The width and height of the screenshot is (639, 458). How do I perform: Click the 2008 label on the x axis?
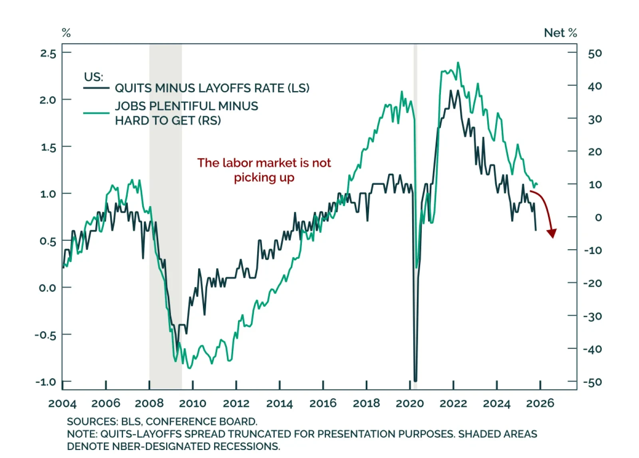149,403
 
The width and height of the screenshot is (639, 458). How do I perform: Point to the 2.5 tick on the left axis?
48,53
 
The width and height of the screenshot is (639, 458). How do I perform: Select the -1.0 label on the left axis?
46,382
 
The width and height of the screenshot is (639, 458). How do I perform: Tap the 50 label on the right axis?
595,53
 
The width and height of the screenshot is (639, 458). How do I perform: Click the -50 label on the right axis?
593,382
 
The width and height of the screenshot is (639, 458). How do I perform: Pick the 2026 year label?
540,403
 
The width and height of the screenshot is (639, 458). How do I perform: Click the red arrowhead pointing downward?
552,233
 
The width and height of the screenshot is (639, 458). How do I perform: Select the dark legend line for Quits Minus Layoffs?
96,88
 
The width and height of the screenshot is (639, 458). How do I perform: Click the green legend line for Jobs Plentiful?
96,113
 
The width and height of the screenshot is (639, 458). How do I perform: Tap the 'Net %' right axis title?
560,33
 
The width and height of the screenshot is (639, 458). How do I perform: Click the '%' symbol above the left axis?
66,33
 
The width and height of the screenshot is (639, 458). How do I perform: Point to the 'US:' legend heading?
93,76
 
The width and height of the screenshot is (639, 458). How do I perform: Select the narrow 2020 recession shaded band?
415,160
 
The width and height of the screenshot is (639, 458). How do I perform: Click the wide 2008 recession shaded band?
165,160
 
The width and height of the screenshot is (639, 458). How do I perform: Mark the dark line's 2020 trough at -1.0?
415,381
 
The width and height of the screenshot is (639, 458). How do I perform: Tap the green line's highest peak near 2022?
458,63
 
